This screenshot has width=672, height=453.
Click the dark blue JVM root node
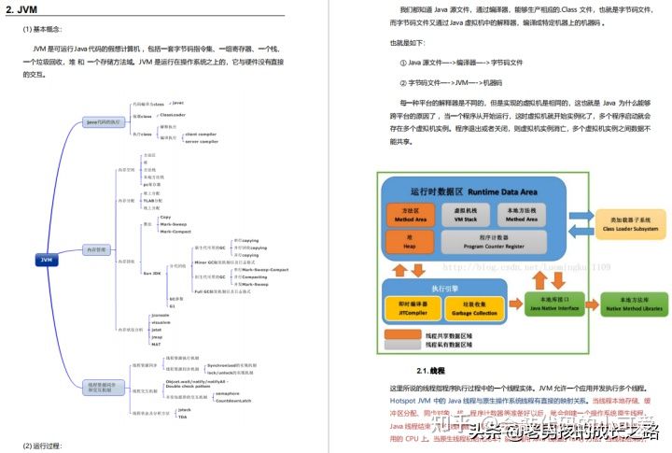(48, 258)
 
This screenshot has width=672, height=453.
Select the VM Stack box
(464, 215)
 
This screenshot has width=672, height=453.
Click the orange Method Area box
(410, 215)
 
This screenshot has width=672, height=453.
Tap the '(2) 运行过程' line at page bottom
(42, 445)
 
